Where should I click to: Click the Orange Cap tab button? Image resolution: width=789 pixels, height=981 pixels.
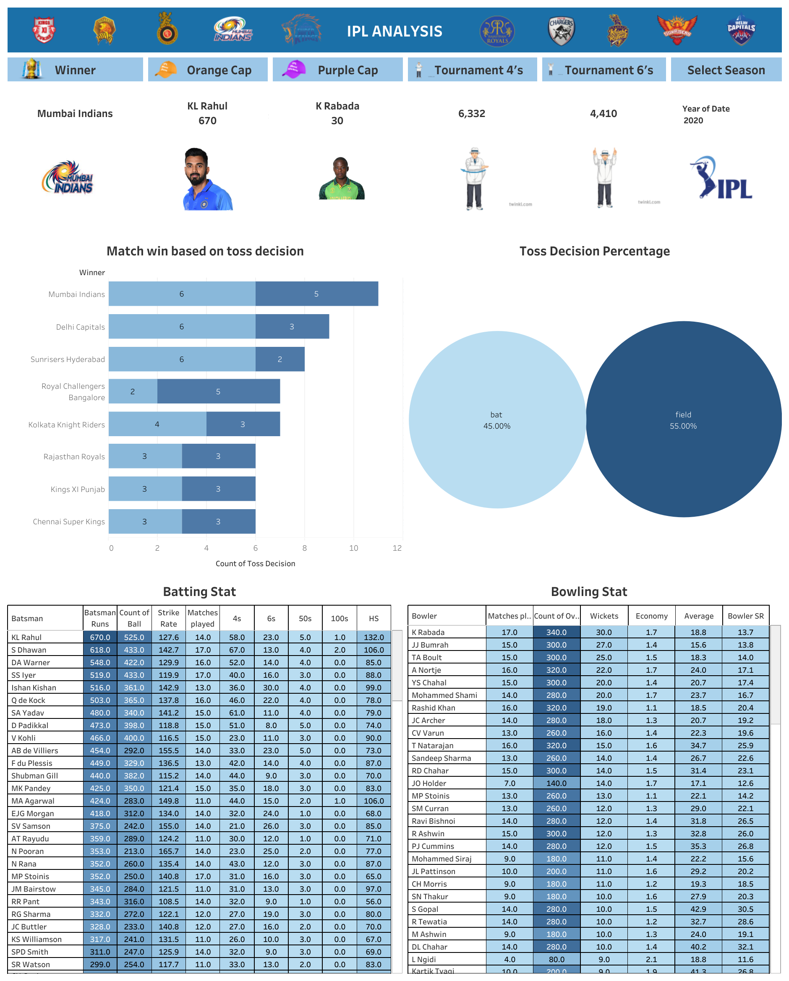click(208, 70)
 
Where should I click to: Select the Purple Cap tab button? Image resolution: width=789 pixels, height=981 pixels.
click(337, 70)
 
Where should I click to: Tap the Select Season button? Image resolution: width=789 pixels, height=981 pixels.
click(726, 70)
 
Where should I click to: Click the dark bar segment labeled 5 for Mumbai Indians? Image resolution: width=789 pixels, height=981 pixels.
click(316, 294)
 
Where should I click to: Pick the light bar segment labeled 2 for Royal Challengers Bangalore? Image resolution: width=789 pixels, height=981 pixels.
click(133, 391)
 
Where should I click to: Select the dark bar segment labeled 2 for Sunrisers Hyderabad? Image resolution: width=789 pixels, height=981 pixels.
click(280, 359)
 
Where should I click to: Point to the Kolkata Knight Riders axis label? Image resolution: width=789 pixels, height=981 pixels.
click(66, 424)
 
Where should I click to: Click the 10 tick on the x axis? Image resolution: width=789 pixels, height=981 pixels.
click(353, 548)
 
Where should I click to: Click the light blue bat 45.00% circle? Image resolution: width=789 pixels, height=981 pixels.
click(497, 419)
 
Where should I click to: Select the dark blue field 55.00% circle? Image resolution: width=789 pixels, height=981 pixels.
click(683, 419)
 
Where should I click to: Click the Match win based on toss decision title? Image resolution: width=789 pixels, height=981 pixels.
click(205, 251)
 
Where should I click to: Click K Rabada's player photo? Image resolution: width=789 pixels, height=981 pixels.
click(342, 179)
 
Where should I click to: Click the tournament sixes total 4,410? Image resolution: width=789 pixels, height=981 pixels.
click(603, 114)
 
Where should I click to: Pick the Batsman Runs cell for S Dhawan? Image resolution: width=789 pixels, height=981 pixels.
click(100, 650)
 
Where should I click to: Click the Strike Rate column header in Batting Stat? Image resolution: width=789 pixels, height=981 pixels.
click(168, 618)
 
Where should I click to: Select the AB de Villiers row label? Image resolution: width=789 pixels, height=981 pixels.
click(35, 750)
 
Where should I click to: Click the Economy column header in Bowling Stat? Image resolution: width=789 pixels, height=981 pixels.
click(651, 616)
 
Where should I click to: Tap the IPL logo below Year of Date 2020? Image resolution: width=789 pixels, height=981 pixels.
click(721, 178)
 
